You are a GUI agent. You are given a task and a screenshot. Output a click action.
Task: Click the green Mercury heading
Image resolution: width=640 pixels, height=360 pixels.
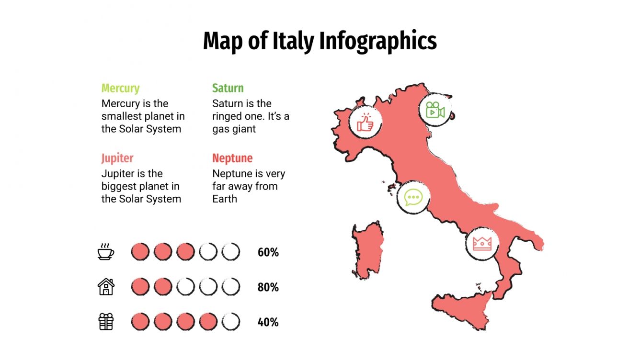(120, 89)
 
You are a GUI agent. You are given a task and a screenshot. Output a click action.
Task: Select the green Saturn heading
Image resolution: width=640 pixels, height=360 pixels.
(228, 89)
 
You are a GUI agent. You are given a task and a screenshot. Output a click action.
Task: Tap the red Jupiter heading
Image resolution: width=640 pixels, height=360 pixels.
(117, 158)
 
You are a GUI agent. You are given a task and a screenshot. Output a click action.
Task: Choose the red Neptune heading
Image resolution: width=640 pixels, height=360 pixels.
(232, 158)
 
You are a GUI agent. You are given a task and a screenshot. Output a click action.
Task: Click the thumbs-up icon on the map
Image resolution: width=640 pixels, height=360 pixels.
(365, 122)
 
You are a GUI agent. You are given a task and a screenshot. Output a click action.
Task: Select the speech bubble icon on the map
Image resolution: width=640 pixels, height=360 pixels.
(413, 197)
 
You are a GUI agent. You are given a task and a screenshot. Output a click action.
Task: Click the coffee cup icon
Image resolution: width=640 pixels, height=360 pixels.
(106, 252)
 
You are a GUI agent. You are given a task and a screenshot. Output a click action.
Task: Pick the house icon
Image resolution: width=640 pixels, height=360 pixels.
(106, 287)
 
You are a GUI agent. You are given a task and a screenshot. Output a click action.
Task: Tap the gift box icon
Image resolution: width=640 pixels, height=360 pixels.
(106, 322)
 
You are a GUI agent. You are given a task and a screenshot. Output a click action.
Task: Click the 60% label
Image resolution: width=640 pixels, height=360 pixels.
(268, 252)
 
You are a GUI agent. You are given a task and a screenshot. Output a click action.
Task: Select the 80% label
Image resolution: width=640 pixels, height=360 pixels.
(268, 287)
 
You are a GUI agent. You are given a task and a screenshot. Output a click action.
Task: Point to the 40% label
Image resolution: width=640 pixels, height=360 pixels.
(268, 322)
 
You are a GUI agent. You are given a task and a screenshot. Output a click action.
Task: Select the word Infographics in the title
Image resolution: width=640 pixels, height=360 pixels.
(378, 41)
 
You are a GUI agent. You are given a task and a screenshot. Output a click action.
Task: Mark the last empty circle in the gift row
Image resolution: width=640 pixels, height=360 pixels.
(231, 322)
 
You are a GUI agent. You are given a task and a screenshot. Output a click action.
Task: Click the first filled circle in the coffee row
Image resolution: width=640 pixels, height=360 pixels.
(140, 252)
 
